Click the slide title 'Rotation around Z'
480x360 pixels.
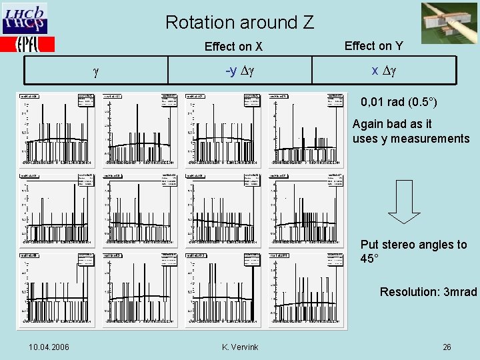(239, 22)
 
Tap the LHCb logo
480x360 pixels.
(25, 19)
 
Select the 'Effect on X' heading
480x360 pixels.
(233, 47)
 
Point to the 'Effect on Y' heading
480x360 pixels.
(373, 45)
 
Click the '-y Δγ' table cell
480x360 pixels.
(240, 71)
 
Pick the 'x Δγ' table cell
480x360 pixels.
(384, 71)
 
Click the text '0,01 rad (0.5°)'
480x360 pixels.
(399, 103)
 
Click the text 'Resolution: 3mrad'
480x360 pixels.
(428, 292)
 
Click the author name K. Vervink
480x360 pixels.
(240, 347)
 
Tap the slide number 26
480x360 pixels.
(447, 347)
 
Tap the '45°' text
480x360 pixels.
(369, 259)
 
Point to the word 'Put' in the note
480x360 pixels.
(369, 245)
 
